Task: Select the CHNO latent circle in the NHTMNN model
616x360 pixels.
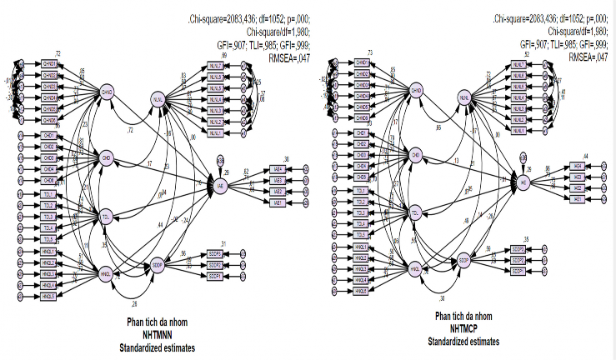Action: [x=107, y=91]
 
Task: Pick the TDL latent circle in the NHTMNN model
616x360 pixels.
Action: [x=107, y=217]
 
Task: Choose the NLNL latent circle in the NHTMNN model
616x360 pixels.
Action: [x=157, y=101]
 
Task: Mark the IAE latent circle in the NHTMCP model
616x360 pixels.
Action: [x=524, y=182]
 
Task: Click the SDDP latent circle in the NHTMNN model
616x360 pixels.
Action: [x=157, y=266]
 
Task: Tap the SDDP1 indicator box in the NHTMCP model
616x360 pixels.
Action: [x=518, y=272]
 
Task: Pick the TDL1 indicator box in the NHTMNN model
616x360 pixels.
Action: [x=48, y=193]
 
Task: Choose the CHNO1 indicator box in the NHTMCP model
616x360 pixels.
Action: [x=361, y=63]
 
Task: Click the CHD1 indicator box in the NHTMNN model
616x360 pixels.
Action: [x=48, y=135]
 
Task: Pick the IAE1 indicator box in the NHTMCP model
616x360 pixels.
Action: [x=575, y=198]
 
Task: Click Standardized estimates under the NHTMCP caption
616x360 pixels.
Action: [x=464, y=342]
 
